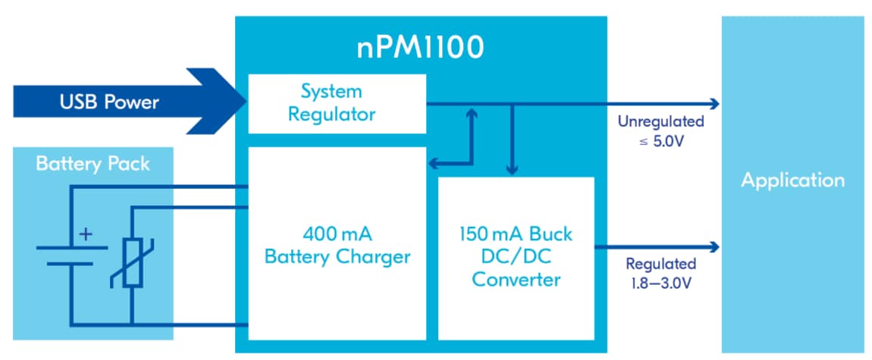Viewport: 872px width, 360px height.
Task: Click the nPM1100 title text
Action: point(421,48)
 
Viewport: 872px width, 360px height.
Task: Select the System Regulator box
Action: point(337,103)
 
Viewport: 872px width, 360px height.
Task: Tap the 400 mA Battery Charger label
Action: point(337,244)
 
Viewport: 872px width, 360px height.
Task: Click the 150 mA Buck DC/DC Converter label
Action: point(516,257)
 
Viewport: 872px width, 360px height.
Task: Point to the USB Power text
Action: point(109,102)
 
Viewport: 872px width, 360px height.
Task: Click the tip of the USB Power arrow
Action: point(244,102)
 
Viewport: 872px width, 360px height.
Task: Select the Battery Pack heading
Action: point(93,164)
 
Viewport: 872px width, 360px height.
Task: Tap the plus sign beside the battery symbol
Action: point(85,233)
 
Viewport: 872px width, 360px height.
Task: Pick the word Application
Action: point(792,180)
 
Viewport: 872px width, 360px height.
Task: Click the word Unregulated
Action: point(660,121)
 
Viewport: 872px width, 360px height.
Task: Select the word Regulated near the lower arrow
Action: point(660,264)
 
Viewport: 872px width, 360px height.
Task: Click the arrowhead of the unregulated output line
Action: point(714,103)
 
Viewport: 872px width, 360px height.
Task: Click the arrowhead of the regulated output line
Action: point(714,246)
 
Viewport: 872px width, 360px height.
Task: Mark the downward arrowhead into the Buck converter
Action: point(513,170)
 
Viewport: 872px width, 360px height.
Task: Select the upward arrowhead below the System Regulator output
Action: point(472,112)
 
